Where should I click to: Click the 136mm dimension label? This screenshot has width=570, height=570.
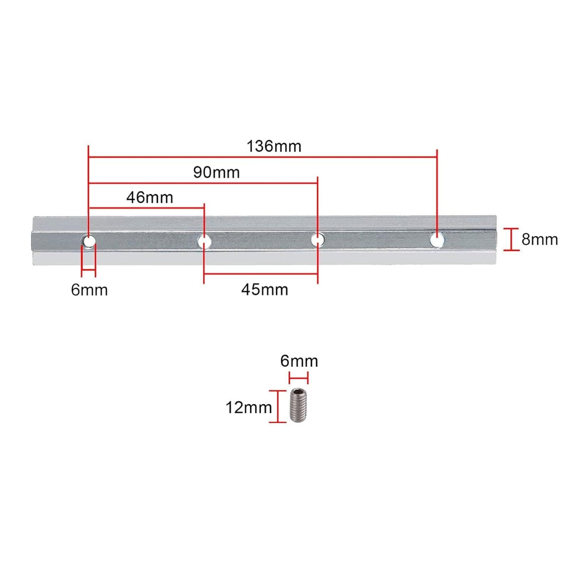tap(273, 146)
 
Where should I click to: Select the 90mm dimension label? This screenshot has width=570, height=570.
tap(216, 172)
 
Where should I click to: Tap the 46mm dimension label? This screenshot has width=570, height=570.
tap(149, 197)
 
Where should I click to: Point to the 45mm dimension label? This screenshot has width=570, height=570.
tap(264, 289)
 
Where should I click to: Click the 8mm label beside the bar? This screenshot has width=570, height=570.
tap(539, 239)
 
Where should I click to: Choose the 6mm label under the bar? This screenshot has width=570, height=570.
tap(89, 290)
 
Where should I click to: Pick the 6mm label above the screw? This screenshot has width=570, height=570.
tap(299, 361)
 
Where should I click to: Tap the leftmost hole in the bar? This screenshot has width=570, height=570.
tap(88, 241)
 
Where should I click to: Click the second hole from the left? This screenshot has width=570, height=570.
tap(204, 241)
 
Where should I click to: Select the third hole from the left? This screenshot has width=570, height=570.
tap(317, 240)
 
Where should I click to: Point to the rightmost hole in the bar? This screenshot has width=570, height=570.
tap(436, 240)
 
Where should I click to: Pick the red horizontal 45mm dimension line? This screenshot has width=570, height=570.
tap(260, 274)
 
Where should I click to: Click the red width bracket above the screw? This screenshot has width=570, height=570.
tap(299, 377)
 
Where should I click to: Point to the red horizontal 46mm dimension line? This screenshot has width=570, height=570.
tap(146, 208)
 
